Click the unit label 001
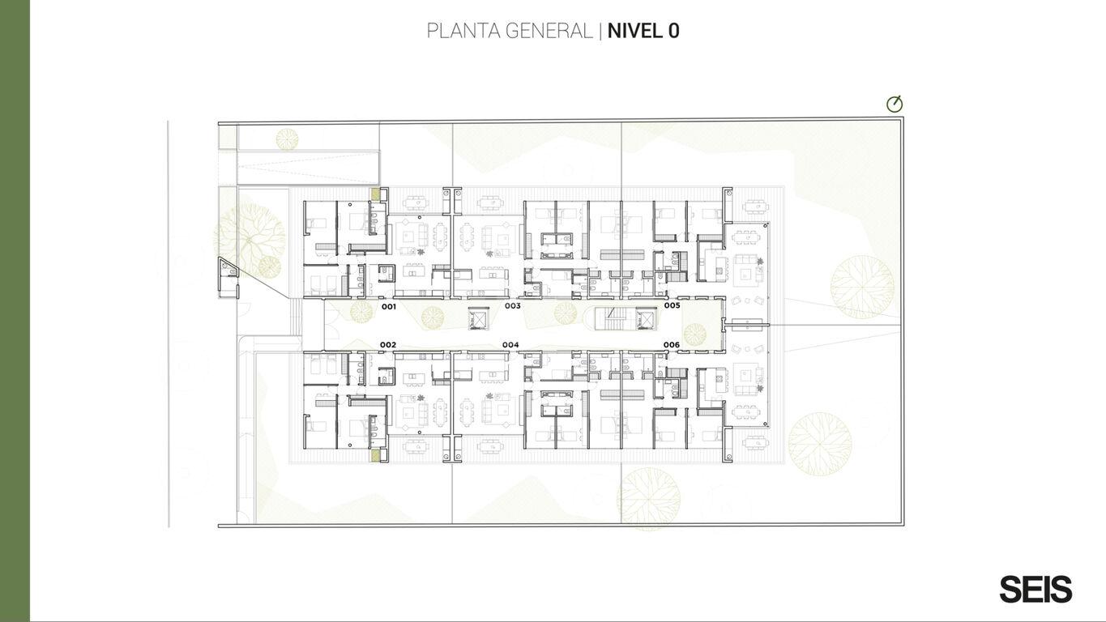coord(389,307)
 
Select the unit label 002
coord(387,344)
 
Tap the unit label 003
coord(513,305)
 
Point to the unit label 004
coord(510,344)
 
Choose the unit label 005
coord(672,305)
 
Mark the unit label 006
coord(672,344)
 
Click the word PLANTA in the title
coord(462,31)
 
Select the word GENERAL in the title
coord(549,31)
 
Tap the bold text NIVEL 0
coord(643,31)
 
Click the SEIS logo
coord(1036,589)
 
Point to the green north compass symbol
coord(895,104)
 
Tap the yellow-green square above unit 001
coord(376,194)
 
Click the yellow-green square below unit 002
coord(376,455)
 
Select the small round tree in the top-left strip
coord(287,138)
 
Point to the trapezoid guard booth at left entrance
coord(228,278)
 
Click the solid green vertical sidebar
coord(15,311)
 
